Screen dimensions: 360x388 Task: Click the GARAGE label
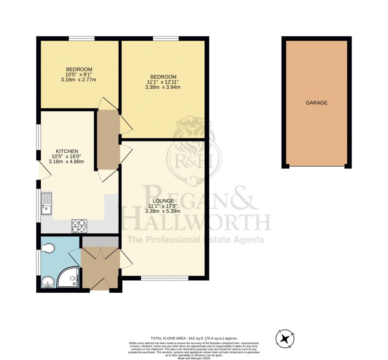click(316, 103)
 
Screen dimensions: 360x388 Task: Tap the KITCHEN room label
click(67, 151)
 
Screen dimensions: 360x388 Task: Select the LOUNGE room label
click(164, 201)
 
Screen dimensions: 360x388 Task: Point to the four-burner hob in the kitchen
click(79, 226)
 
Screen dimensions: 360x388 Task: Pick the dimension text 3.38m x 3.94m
click(163, 88)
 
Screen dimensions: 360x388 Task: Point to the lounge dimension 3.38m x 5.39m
click(164, 211)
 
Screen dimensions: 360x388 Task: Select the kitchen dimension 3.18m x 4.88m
click(67, 162)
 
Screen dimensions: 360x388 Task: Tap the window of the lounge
click(164, 278)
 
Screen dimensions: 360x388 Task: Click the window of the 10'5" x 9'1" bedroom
click(82, 38)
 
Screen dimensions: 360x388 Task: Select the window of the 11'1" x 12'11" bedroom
click(165, 38)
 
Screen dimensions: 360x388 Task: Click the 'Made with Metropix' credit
click(194, 358)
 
